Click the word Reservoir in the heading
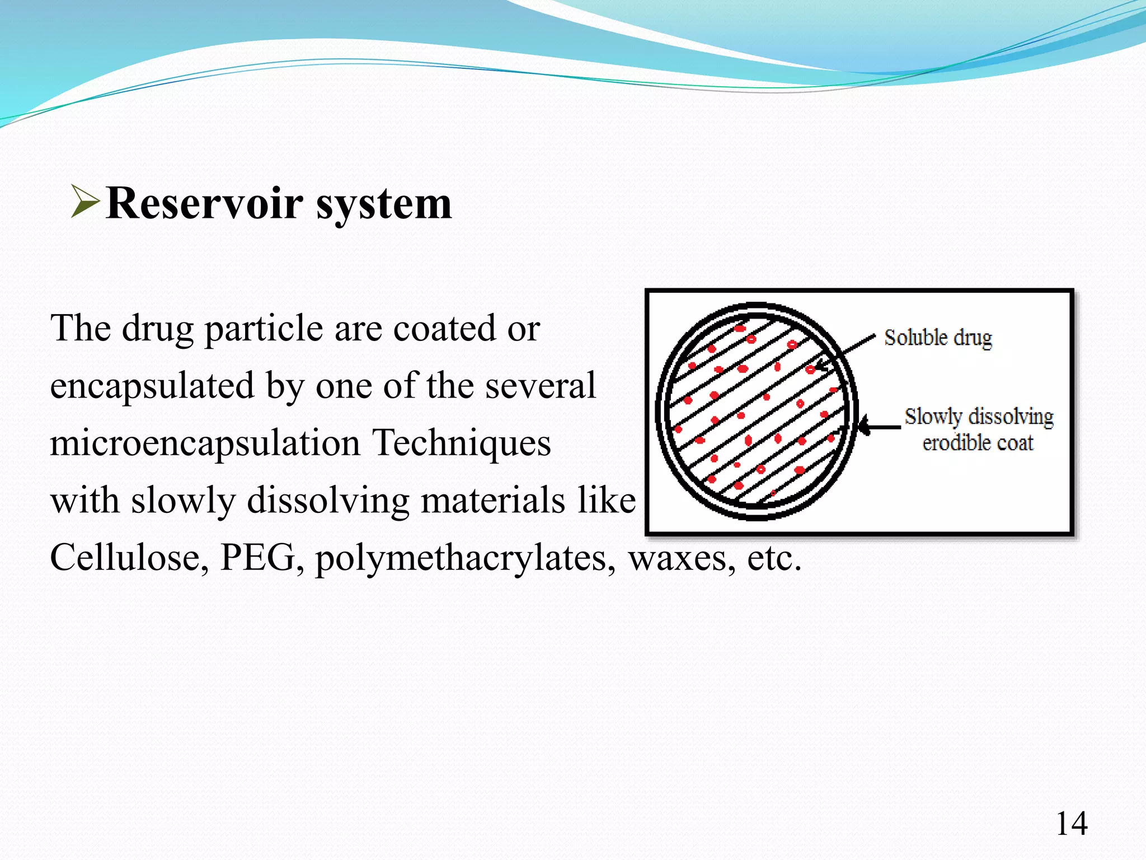click(205, 204)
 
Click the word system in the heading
click(384, 205)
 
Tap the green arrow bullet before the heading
click(85, 202)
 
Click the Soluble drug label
click(938, 338)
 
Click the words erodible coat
click(978, 443)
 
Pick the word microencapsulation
click(205, 443)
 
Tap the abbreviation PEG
click(258, 558)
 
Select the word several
click(540, 386)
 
